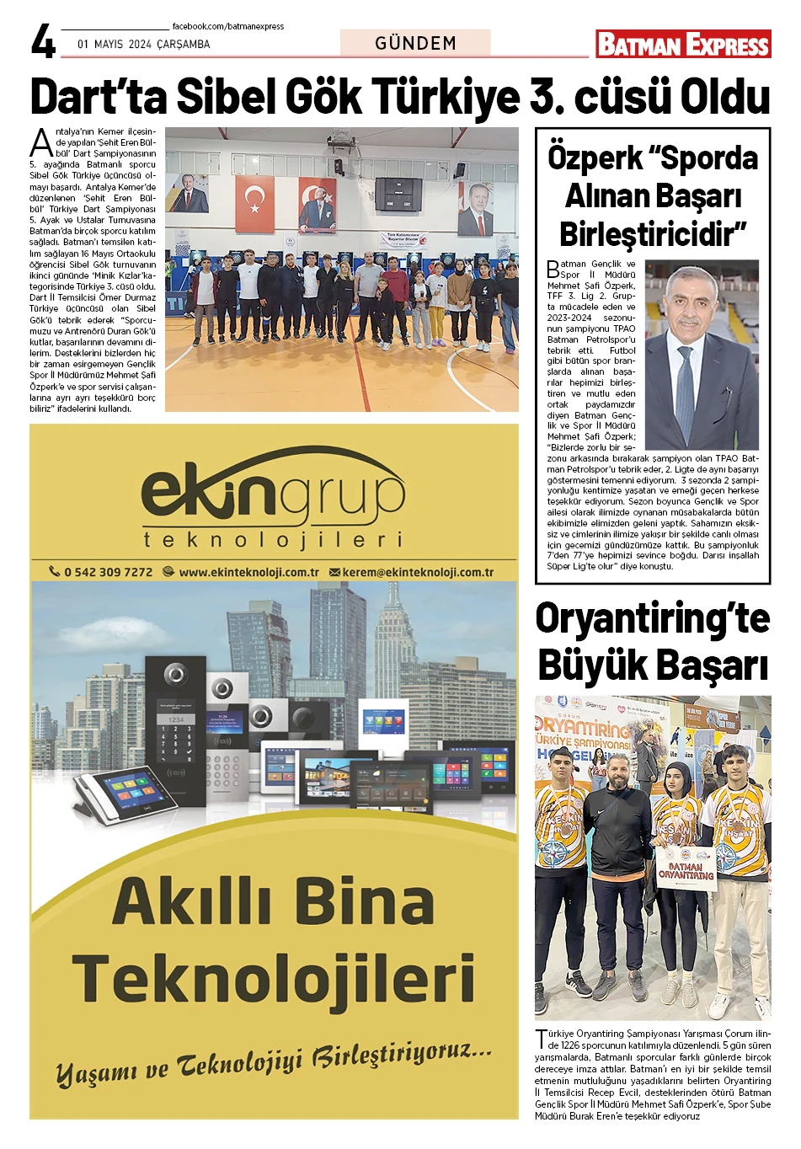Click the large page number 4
(x=43, y=40)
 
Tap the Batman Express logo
(x=683, y=44)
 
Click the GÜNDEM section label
(x=415, y=43)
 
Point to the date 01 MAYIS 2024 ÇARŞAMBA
(x=144, y=44)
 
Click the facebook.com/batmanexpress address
(x=228, y=26)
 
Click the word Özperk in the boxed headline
(x=595, y=158)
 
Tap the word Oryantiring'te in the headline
(x=653, y=618)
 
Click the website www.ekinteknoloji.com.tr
(x=248, y=572)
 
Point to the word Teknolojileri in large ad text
(x=274, y=979)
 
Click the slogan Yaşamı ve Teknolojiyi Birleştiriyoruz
(x=274, y=1063)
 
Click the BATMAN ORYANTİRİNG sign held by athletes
(x=686, y=871)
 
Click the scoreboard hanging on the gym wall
(x=398, y=194)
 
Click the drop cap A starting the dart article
(x=41, y=143)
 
